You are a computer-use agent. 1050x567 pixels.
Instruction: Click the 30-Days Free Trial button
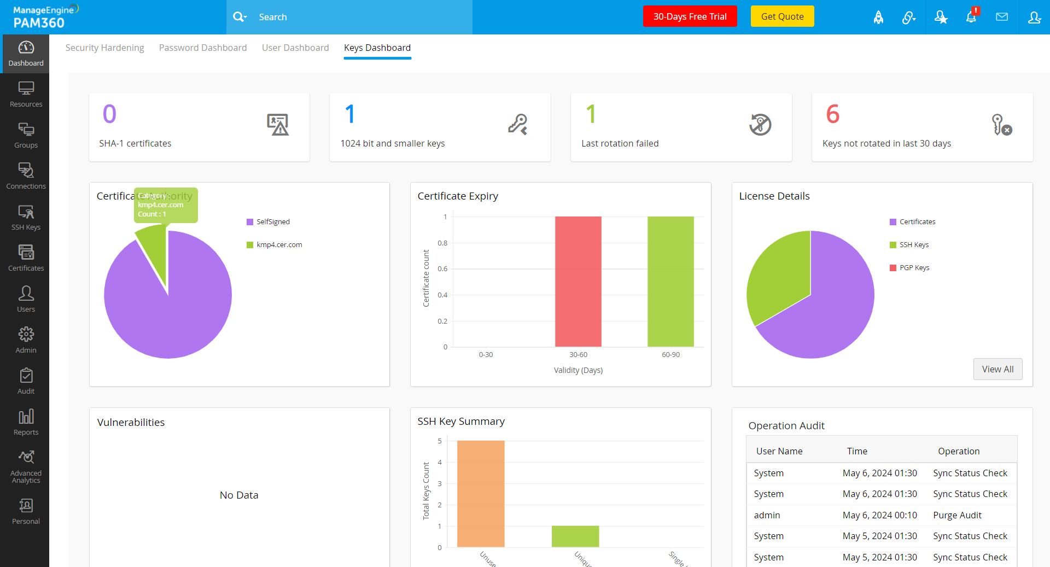(x=690, y=16)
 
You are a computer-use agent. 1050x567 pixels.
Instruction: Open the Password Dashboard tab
(x=203, y=48)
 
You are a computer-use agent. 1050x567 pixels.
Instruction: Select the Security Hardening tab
(x=104, y=48)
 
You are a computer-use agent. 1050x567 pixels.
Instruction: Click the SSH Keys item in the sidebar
(x=26, y=217)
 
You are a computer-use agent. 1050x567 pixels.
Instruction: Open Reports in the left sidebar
(x=26, y=422)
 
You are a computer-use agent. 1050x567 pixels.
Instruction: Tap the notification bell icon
(x=971, y=17)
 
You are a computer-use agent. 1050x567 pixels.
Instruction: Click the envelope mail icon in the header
(x=1002, y=17)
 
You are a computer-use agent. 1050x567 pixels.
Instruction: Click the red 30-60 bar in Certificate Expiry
(x=578, y=281)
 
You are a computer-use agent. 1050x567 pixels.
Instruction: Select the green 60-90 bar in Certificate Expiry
(x=670, y=281)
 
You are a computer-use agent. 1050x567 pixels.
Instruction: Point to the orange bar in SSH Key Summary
(x=481, y=493)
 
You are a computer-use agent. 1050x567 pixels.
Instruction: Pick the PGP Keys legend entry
(x=914, y=267)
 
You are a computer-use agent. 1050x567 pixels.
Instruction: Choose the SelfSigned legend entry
(x=272, y=221)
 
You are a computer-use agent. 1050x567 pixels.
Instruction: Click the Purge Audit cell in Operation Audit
(x=957, y=515)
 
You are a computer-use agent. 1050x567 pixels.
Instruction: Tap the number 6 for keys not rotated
(x=832, y=114)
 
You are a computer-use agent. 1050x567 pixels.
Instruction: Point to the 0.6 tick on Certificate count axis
(x=442, y=268)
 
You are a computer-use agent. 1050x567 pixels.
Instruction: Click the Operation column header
(x=959, y=451)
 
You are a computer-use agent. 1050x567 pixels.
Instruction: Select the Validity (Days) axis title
(x=578, y=370)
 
